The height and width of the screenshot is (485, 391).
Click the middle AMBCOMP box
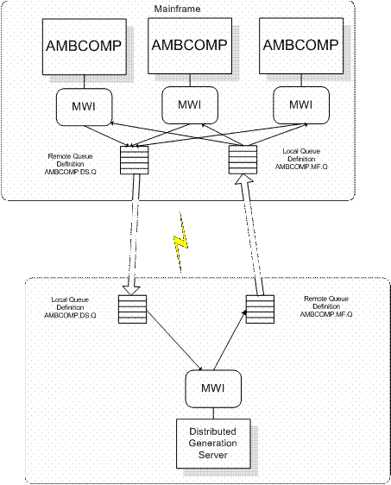tap(190, 44)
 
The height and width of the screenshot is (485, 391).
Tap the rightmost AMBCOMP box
tap(300, 45)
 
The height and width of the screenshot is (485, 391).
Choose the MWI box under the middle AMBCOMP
tap(190, 103)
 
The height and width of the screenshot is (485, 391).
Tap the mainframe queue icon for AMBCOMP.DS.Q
tap(132, 161)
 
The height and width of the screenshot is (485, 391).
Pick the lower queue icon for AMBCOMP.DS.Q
tap(130, 311)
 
